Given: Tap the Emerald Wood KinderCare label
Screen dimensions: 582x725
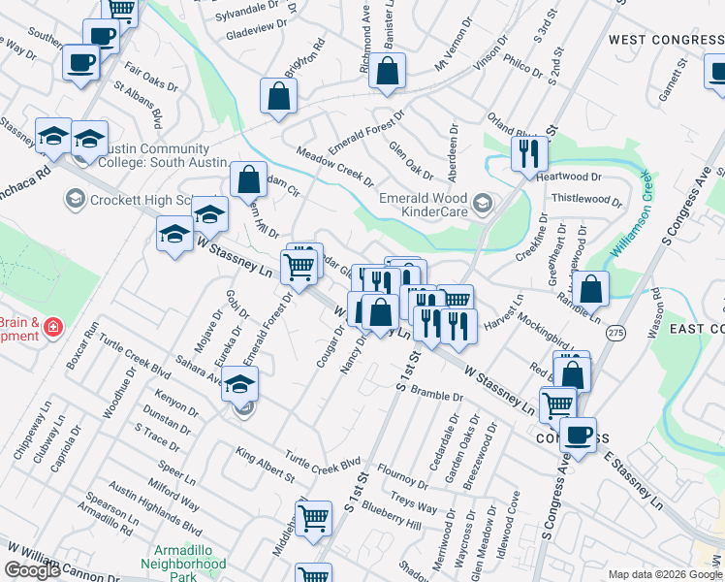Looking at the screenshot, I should [x=424, y=203].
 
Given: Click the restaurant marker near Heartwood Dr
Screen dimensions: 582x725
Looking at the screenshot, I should [x=529, y=154].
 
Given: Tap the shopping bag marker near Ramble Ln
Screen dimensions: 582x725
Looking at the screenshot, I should [x=590, y=289].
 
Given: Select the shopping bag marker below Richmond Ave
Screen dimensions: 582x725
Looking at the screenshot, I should [x=387, y=72].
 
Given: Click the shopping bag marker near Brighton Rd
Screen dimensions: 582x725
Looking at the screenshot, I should [x=278, y=97].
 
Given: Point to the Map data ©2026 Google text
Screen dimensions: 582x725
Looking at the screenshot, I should [x=665, y=574].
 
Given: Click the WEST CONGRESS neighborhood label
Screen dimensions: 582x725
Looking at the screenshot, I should [x=666, y=40].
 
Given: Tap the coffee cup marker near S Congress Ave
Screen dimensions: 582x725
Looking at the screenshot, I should [x=579, y=436].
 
